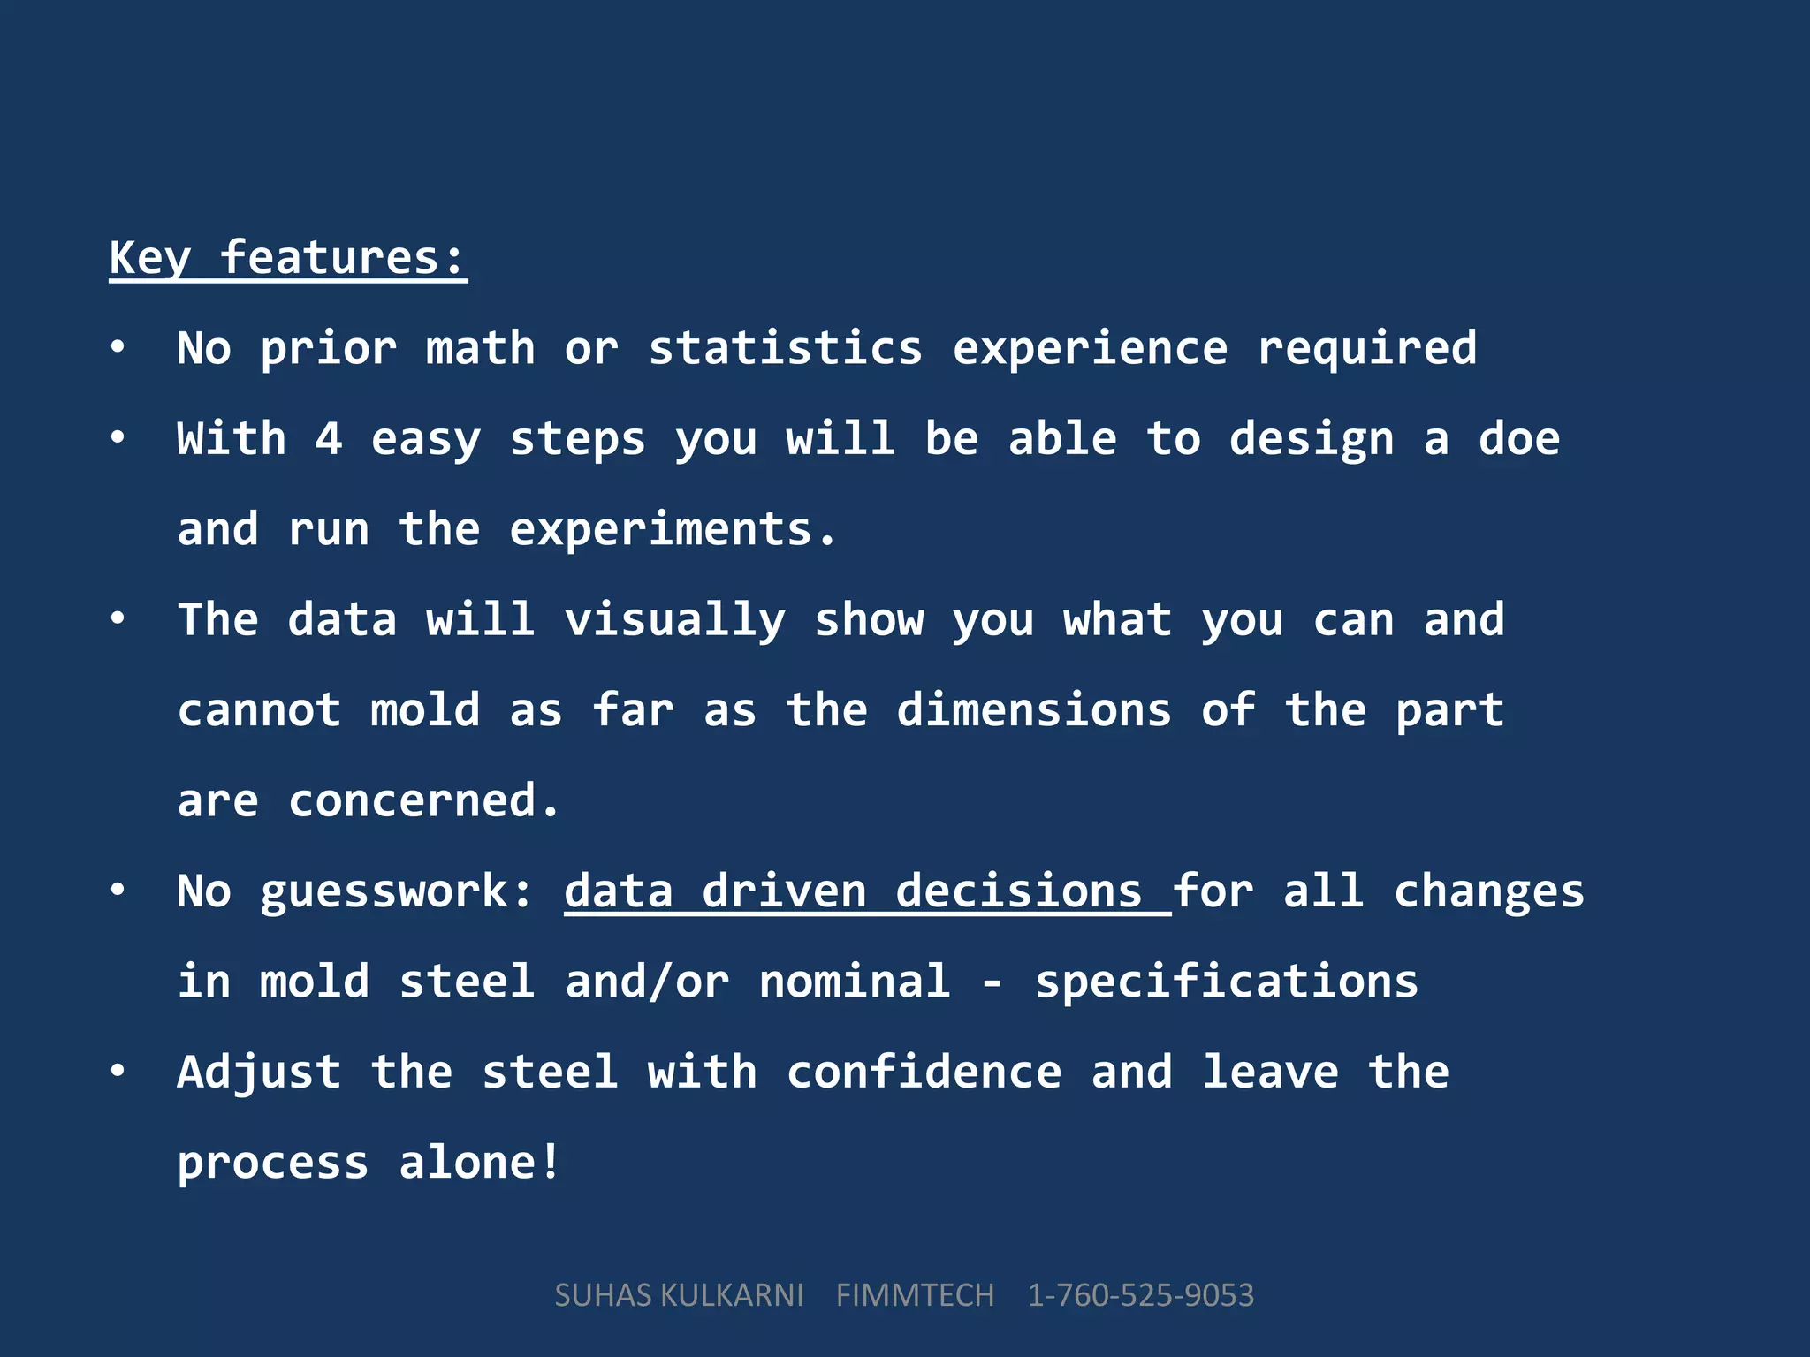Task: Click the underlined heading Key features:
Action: click(x=288, y=258)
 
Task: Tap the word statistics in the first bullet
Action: click(x=786, y=348)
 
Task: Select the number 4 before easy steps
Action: click(x=329, y=439)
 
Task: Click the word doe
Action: click(x=1519, y=439)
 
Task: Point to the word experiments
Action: click(x=672, y=530)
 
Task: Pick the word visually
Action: click(x=674, y=620)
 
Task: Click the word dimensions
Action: click(x=1034, y=710)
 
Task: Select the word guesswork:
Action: click(x=398, y=891)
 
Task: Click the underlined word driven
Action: click(x=784, y=891)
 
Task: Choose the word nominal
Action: click(x=855, y=982)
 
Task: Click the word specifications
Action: click(x=1227, y=982)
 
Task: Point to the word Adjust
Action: click(x=259, y=1073)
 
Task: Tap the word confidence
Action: click(x=924, y=1073)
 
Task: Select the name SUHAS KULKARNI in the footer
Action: click(x=679, y=1295)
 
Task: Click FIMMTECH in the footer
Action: click(x=915, y=1295)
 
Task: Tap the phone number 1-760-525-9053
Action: click(x=1140, y=1295)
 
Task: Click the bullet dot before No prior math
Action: click(x=118, y=348)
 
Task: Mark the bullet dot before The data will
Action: click(x=118, y=619)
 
